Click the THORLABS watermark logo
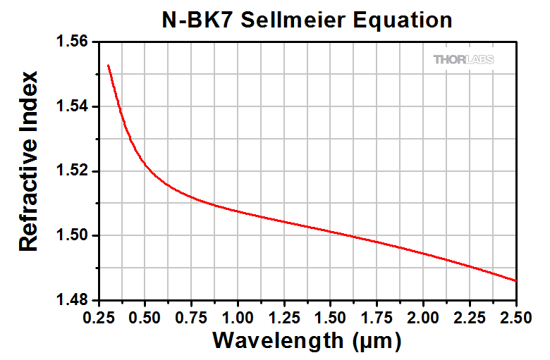point(463,59)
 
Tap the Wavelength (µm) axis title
point(307,341)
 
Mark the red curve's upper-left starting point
point(108,65)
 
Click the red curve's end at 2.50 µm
point(516,280)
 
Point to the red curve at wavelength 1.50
point(331,230)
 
